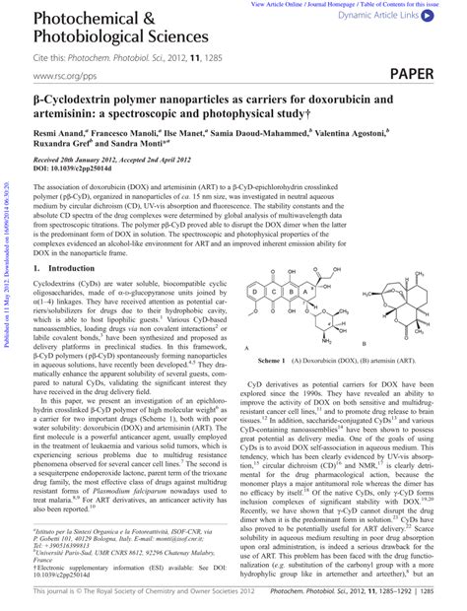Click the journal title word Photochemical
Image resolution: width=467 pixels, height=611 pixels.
coord(75,20)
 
